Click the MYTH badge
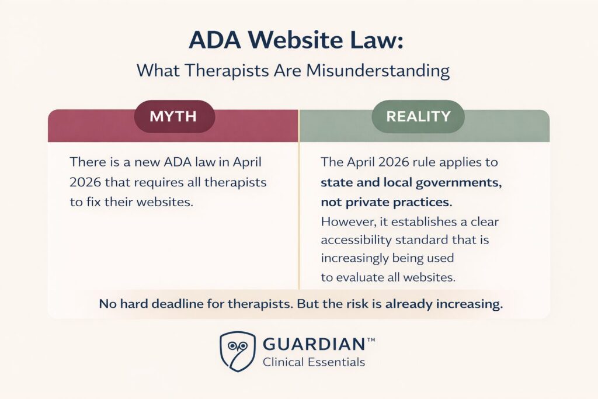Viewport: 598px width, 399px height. coord(175,116)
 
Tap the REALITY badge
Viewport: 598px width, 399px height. coord(418,116)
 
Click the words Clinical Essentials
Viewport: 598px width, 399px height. coord(314,362)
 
